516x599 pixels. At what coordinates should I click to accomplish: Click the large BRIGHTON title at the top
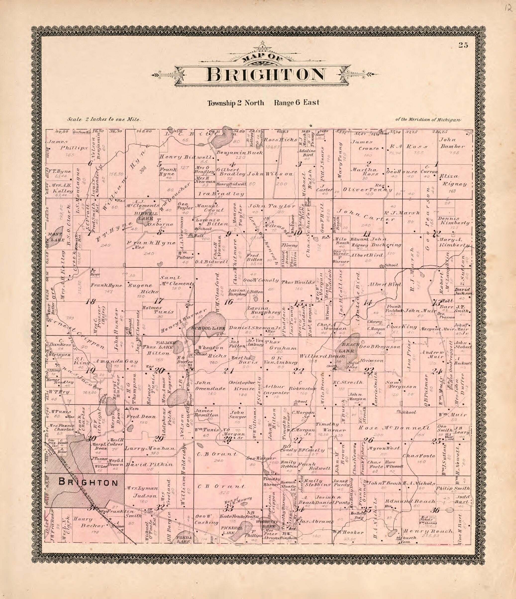click(266, 75)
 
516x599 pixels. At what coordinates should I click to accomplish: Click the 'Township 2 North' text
click(235, 103)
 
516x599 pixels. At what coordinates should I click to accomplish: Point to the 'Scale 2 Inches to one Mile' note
click(104, 119)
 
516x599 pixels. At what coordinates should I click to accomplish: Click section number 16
click(228, 302)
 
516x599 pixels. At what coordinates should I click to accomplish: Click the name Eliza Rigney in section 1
click(453, 180)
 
